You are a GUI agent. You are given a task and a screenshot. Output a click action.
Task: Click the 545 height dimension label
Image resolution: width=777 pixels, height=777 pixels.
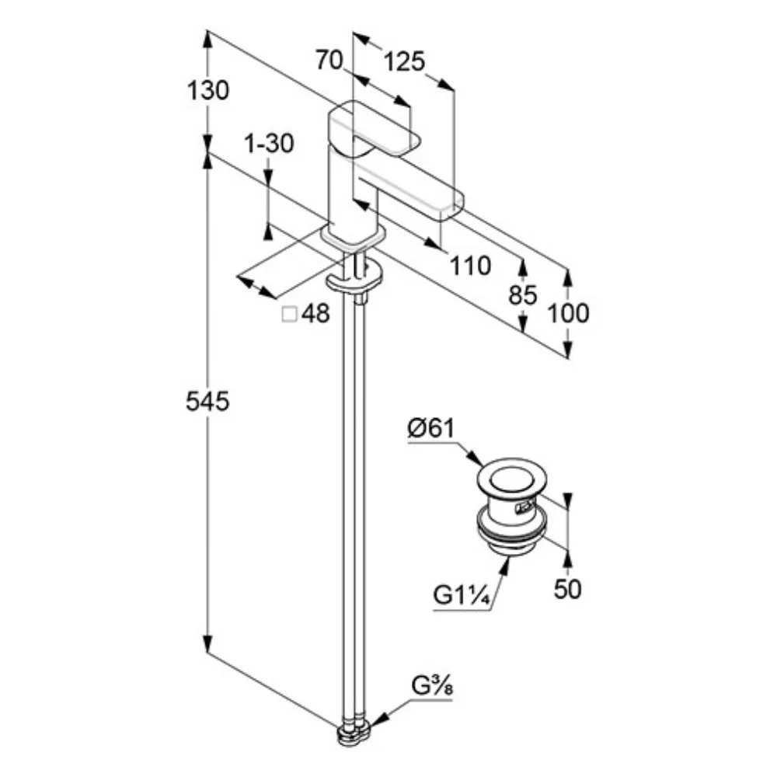[x=207, y=402]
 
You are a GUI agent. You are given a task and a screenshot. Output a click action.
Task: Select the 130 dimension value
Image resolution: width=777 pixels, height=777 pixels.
[x=208, y=91]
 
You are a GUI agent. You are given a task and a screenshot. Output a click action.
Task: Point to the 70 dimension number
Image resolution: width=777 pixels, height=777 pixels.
[x=329, y=60]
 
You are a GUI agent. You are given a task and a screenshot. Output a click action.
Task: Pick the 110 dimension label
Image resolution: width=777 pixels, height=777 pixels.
[x=470, y=266]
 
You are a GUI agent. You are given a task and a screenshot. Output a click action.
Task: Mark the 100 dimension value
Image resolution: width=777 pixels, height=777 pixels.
[x=569, y=313]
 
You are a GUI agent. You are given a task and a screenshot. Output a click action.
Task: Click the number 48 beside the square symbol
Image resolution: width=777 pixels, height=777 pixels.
[x=315, y=314]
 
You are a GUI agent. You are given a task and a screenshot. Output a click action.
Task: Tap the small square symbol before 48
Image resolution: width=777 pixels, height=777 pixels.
[x=289, y=314]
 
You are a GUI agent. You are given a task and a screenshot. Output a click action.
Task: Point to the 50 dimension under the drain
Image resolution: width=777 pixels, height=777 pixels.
[x=568, y=589]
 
